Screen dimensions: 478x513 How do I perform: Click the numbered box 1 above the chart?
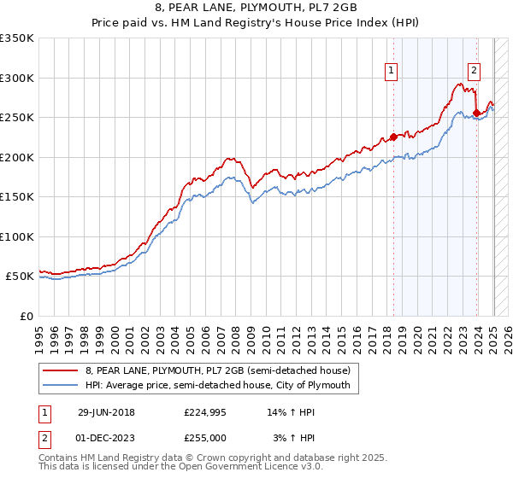point(391,71)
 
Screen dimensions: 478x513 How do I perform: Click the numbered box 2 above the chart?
point(474,71)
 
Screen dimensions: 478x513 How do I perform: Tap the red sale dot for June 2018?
point(393,137)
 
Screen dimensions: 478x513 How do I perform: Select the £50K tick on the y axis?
point(20,277)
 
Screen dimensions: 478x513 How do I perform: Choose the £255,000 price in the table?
point(205,438)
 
